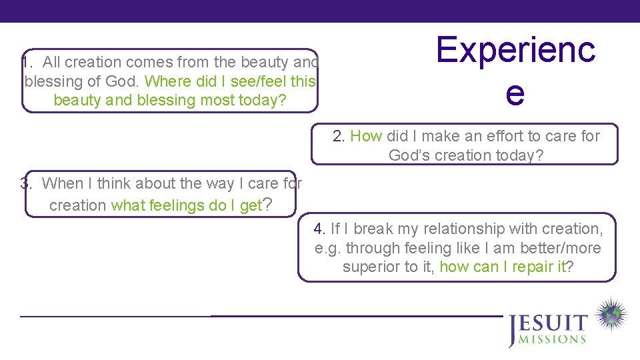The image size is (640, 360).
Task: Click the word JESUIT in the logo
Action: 548,325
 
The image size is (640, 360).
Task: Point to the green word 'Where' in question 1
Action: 169,81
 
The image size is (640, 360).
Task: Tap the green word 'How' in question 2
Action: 366,136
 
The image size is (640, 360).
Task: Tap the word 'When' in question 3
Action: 61,183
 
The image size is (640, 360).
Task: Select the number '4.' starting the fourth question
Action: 320,229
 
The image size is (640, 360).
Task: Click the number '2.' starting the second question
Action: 339,136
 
